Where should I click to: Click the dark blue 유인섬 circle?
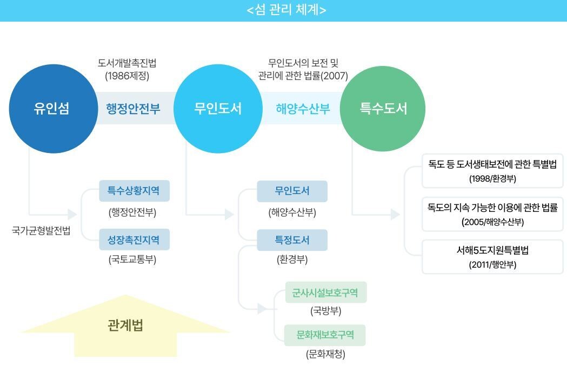tap(51, 109)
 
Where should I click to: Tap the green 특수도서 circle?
tap(383, 109)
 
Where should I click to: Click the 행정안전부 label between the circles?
tap(133, 109)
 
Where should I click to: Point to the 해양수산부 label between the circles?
tap(303, 109)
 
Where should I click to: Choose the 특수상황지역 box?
tap(134, 191)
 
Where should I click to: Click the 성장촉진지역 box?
tap(134, 239)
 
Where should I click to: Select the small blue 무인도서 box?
tap(292, 191)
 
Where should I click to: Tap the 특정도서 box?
tap(292, 239)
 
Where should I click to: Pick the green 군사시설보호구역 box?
tap(325, 292)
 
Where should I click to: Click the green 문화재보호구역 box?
tap(325, 335)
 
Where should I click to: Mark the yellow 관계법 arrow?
tap(125, 327)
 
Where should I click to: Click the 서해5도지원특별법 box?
tap(492, 257)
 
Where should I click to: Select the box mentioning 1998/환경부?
tap(492, 171)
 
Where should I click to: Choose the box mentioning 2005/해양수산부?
tap(492, 214)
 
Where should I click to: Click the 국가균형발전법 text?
tap(41, 231)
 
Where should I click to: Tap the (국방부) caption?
tap(326, 311)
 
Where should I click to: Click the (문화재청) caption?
tap(325, 355)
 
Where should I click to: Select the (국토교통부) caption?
tap(132, 260)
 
